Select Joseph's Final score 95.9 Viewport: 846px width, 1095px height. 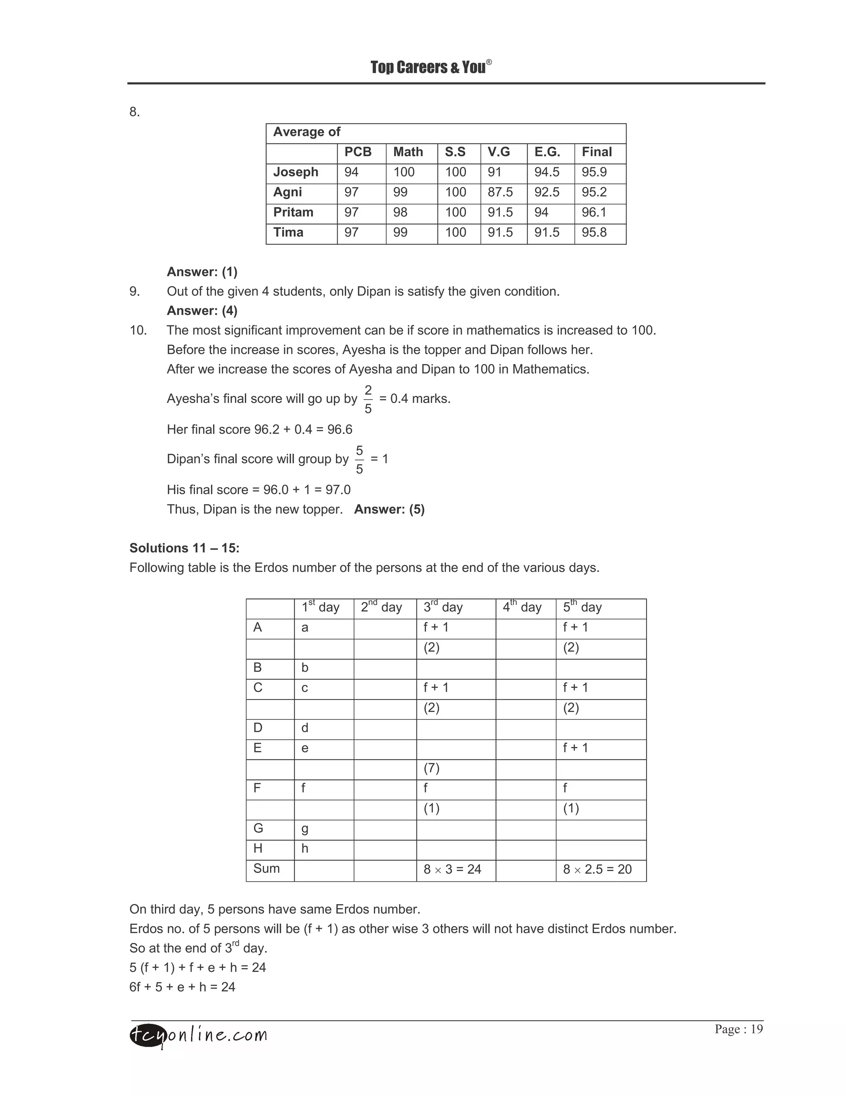pos(594,172)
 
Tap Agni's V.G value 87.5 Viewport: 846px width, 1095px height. pos(500,193)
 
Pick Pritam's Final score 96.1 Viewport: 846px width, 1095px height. pos(594,212)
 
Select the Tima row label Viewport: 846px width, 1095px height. pos(288,233)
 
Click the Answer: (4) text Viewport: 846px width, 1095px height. pos(202,311)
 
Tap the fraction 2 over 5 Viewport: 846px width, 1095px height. pos(368,399)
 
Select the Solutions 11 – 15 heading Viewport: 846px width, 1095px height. pos(184,548)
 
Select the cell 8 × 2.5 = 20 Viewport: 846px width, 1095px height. pos(597,869)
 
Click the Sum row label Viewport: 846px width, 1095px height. pos(266,869)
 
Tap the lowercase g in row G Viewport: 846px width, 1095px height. pos(305,829)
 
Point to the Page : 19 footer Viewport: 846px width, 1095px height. pos(738,1029)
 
